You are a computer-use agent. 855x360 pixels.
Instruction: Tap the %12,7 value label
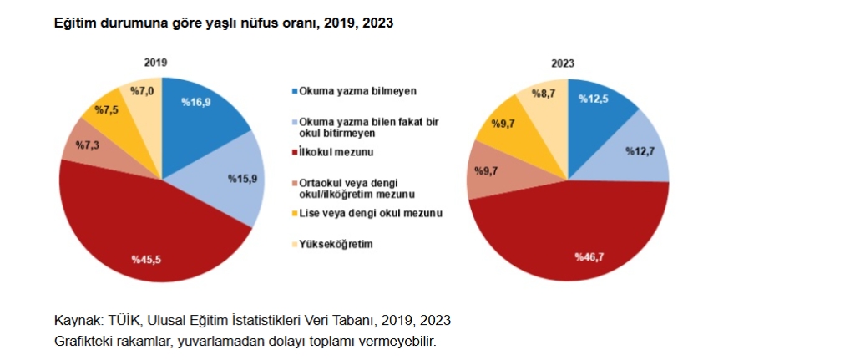point(642,151)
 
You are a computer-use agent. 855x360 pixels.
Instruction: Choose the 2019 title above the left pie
point(155,63)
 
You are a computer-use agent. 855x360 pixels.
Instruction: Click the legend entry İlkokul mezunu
point(335,152)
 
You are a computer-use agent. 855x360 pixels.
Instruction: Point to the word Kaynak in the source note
point(75,321)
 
